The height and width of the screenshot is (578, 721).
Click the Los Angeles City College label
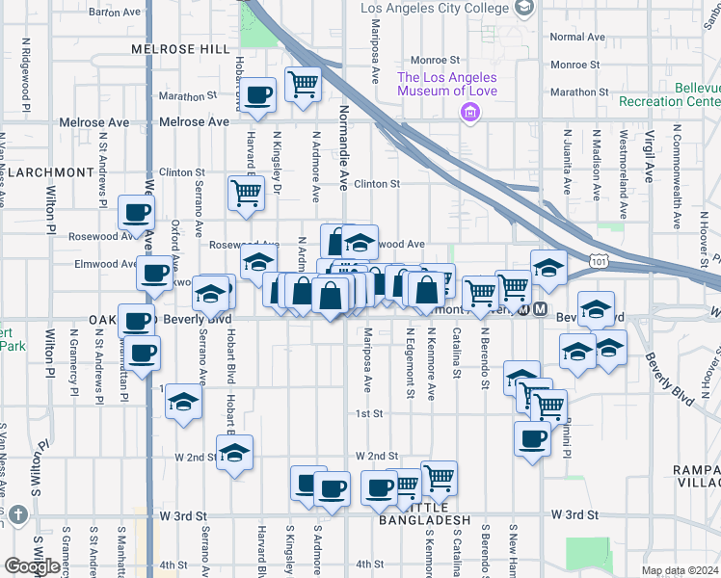coord(436,9)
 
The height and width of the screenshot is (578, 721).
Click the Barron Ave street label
coord(115,13)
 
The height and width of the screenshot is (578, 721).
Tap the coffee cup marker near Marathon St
coord(258,94)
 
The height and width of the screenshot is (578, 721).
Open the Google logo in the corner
coord(32,566)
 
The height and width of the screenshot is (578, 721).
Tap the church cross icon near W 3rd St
coord(18,516)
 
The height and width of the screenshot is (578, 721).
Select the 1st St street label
coord(370,414)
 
